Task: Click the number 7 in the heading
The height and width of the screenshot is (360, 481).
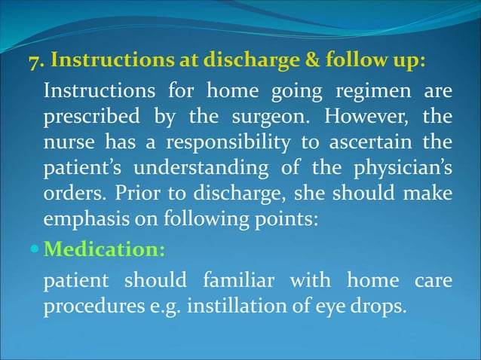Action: [x=34, y=62]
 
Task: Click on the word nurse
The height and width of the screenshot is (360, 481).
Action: [x=67, y=144]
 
